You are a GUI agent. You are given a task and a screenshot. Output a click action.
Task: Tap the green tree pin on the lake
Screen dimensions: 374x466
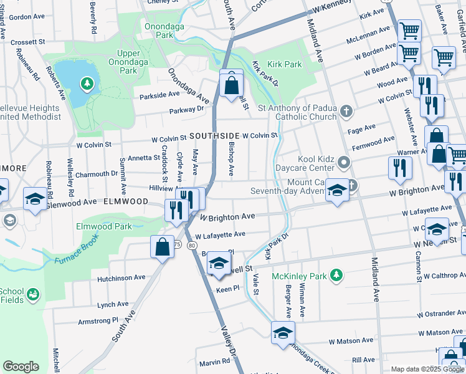[87, 83]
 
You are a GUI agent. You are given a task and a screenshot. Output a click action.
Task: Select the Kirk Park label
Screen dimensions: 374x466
[284, 64]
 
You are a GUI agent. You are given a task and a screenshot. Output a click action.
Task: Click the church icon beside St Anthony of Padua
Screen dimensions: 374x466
[348, 112]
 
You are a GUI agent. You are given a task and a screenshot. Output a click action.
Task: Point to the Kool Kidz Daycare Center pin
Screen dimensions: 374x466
[344, 164]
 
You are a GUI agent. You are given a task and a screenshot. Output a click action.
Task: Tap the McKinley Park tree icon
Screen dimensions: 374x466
[336, 275]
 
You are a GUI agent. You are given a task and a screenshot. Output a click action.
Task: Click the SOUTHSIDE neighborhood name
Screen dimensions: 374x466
[214, 136]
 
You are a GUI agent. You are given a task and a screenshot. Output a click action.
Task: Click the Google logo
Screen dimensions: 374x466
[21, 366]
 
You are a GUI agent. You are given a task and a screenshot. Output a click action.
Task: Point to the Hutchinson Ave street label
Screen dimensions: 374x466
[121, 277]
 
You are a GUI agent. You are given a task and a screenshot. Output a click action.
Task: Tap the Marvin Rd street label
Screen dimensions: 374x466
[215, 362]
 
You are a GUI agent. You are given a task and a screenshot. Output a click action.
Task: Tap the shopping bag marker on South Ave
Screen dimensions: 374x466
[162, 246]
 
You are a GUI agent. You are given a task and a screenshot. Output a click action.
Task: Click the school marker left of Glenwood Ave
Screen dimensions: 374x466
[35, 198]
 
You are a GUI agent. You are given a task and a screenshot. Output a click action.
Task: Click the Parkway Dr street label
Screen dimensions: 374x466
[187, 110]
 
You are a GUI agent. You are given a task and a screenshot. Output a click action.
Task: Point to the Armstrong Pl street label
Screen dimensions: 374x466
[97, 320]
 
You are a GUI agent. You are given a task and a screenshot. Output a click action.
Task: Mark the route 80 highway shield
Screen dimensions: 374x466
[191, 246]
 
